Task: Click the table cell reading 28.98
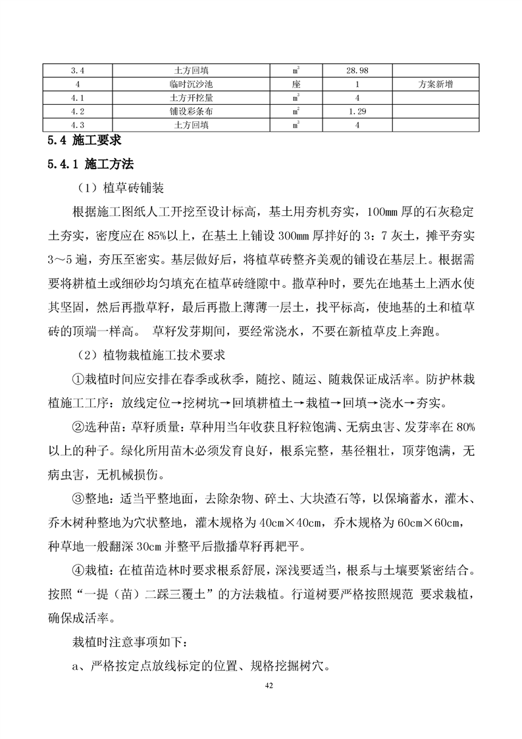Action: (357, 70)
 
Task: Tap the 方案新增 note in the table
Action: (435, 84)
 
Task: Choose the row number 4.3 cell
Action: (78, 124)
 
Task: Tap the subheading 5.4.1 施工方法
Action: (90, 164)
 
